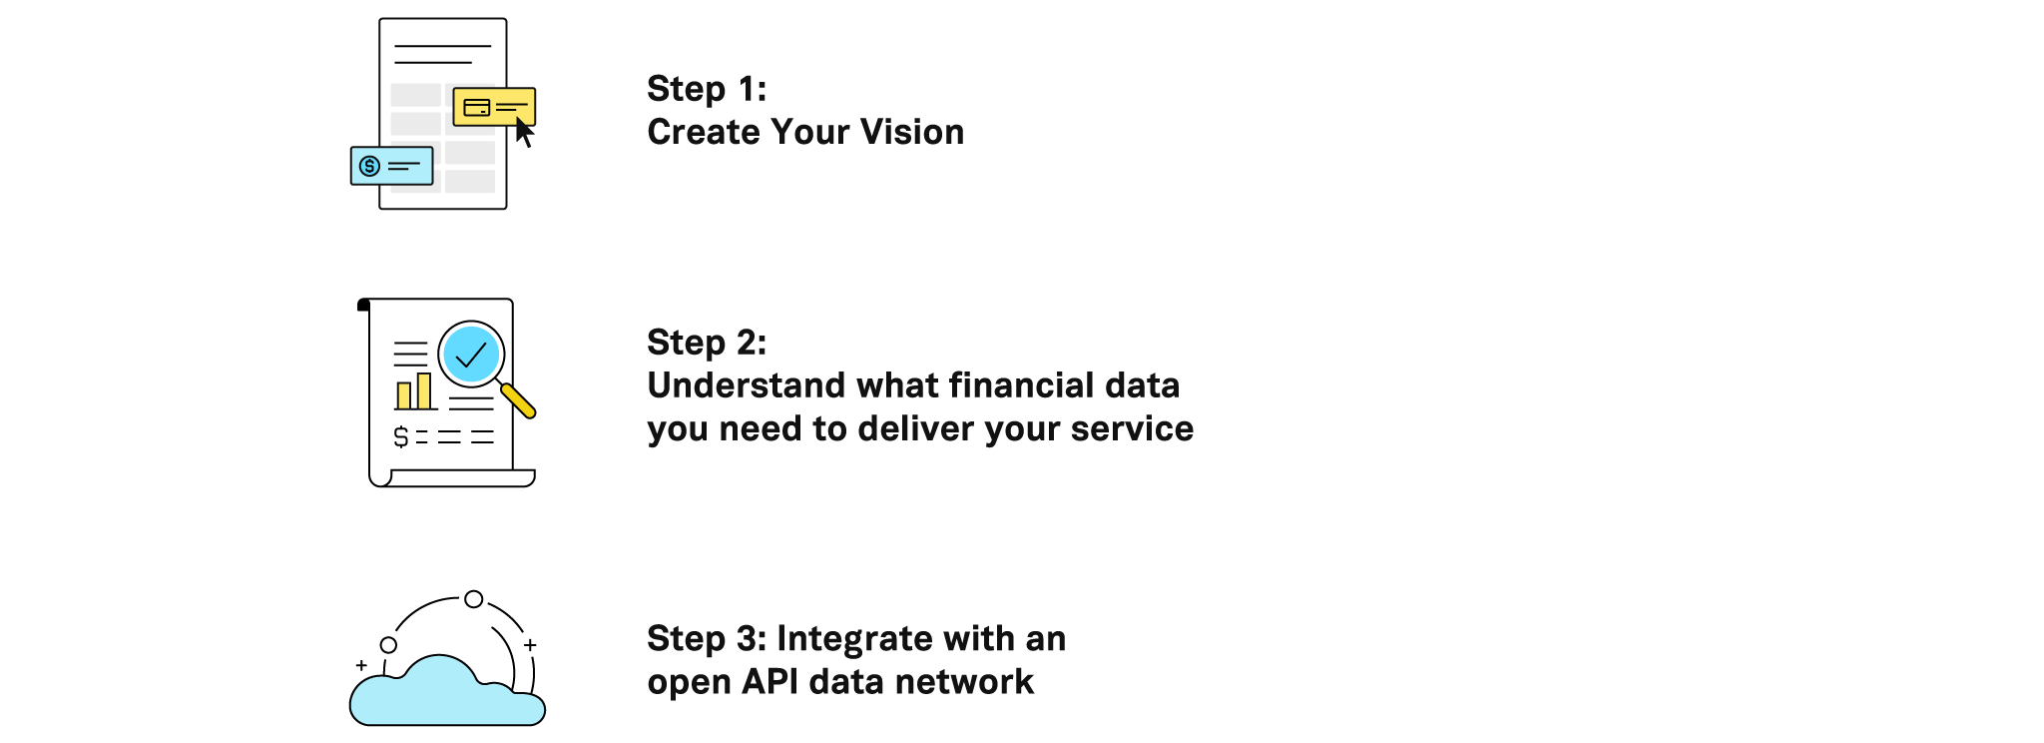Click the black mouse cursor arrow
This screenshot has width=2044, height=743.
click(x=524, y=132)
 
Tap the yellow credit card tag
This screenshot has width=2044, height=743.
click(x=494, y=107)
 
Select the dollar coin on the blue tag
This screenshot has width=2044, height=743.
click(x=370, y=166)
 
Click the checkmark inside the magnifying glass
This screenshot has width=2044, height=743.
click(x=470, y=355)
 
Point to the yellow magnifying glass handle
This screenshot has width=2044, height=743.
click(x=518, y=400)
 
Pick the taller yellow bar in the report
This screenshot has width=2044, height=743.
click(x=424, y=391)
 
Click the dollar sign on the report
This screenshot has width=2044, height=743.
click(x=401, y=436)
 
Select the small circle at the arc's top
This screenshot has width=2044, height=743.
click(x=474, y=599)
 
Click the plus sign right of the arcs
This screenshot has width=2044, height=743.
click(x=530, y=645)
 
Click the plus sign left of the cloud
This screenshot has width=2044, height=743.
click(x=361, y=665)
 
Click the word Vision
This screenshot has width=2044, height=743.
click(x=912, y=132)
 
